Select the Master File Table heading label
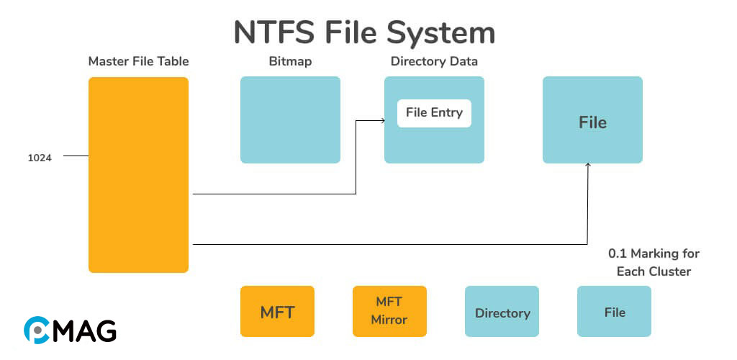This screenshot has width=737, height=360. pos(138,62)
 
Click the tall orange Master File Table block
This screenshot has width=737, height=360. pos(138,175)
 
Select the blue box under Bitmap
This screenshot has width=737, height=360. pos(290,120)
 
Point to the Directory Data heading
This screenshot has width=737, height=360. pos(434,62)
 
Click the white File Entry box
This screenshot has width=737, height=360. pos(434,113)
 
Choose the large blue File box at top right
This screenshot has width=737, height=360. pos(592,120)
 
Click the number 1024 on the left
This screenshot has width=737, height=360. pos(40,158)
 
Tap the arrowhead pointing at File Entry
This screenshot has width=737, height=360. pos(382,120)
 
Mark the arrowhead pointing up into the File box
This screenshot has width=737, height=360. pos(588,166)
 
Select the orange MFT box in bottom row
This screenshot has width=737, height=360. pos(277,312)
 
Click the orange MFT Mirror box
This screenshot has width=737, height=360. pos(389,312)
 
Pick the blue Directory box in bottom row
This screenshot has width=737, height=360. pos(502,312)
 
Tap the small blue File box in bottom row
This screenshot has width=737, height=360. pos(614,312)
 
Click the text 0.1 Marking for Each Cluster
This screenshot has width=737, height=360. pos(654,263)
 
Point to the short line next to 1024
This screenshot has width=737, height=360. pos(76,156)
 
